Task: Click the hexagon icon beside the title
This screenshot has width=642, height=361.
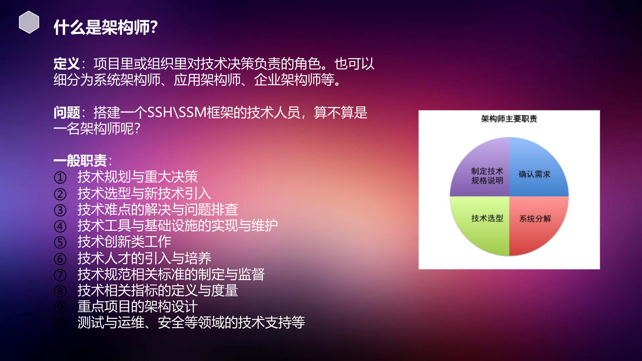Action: [x=29, y=22]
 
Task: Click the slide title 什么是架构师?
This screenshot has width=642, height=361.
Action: [x=106, y=27]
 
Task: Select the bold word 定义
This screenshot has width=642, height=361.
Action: [x=66, y=64]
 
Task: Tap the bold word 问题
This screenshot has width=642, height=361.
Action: [x=66, y=112]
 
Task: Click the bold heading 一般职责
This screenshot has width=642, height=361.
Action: [x=80, y=161]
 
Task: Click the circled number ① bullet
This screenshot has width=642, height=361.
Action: [x=60, y=178]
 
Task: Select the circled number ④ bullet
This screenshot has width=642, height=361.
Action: [x=60, y=226]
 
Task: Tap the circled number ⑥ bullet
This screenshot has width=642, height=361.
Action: [x=60, y=259]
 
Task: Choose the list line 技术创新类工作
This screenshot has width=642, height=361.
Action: [x=124, y=242]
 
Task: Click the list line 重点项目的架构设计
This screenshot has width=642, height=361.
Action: [x=137, y=307]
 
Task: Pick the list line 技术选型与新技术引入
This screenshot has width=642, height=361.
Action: [x=144, y=193]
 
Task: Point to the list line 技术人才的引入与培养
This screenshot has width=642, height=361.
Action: [x=144, y=258]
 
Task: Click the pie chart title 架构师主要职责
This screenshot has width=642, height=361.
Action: [x=509, y=119]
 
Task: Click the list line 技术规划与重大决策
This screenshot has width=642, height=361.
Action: [x=137, y=177]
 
